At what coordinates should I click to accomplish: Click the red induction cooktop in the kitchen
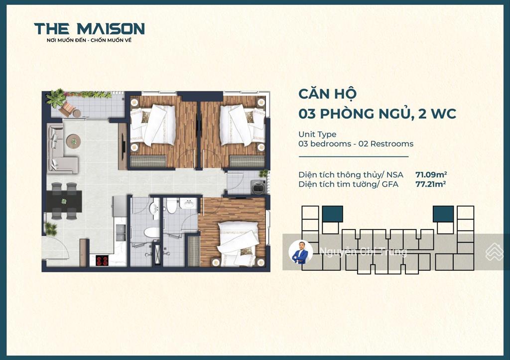tap(102, 260)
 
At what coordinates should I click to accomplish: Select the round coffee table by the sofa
tap(74, 141)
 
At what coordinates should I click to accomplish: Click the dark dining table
tap(63, 201)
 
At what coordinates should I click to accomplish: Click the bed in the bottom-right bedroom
tap(238, 243)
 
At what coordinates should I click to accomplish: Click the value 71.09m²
tap(431, 175)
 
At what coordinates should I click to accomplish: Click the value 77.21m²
tap(431, 184)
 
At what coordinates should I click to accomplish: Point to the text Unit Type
tap(317, 134)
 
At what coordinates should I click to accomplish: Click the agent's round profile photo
tap(301, 252)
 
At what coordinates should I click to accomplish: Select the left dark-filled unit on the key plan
tap(332, 214)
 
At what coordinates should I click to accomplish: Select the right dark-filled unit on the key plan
tap(443, 214)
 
